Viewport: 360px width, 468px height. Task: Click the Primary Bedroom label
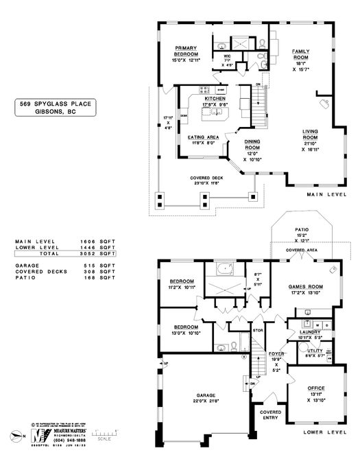(186, 50)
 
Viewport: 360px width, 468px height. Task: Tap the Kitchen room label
(215, 99)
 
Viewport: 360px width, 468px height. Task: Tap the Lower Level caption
(324, 433)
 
